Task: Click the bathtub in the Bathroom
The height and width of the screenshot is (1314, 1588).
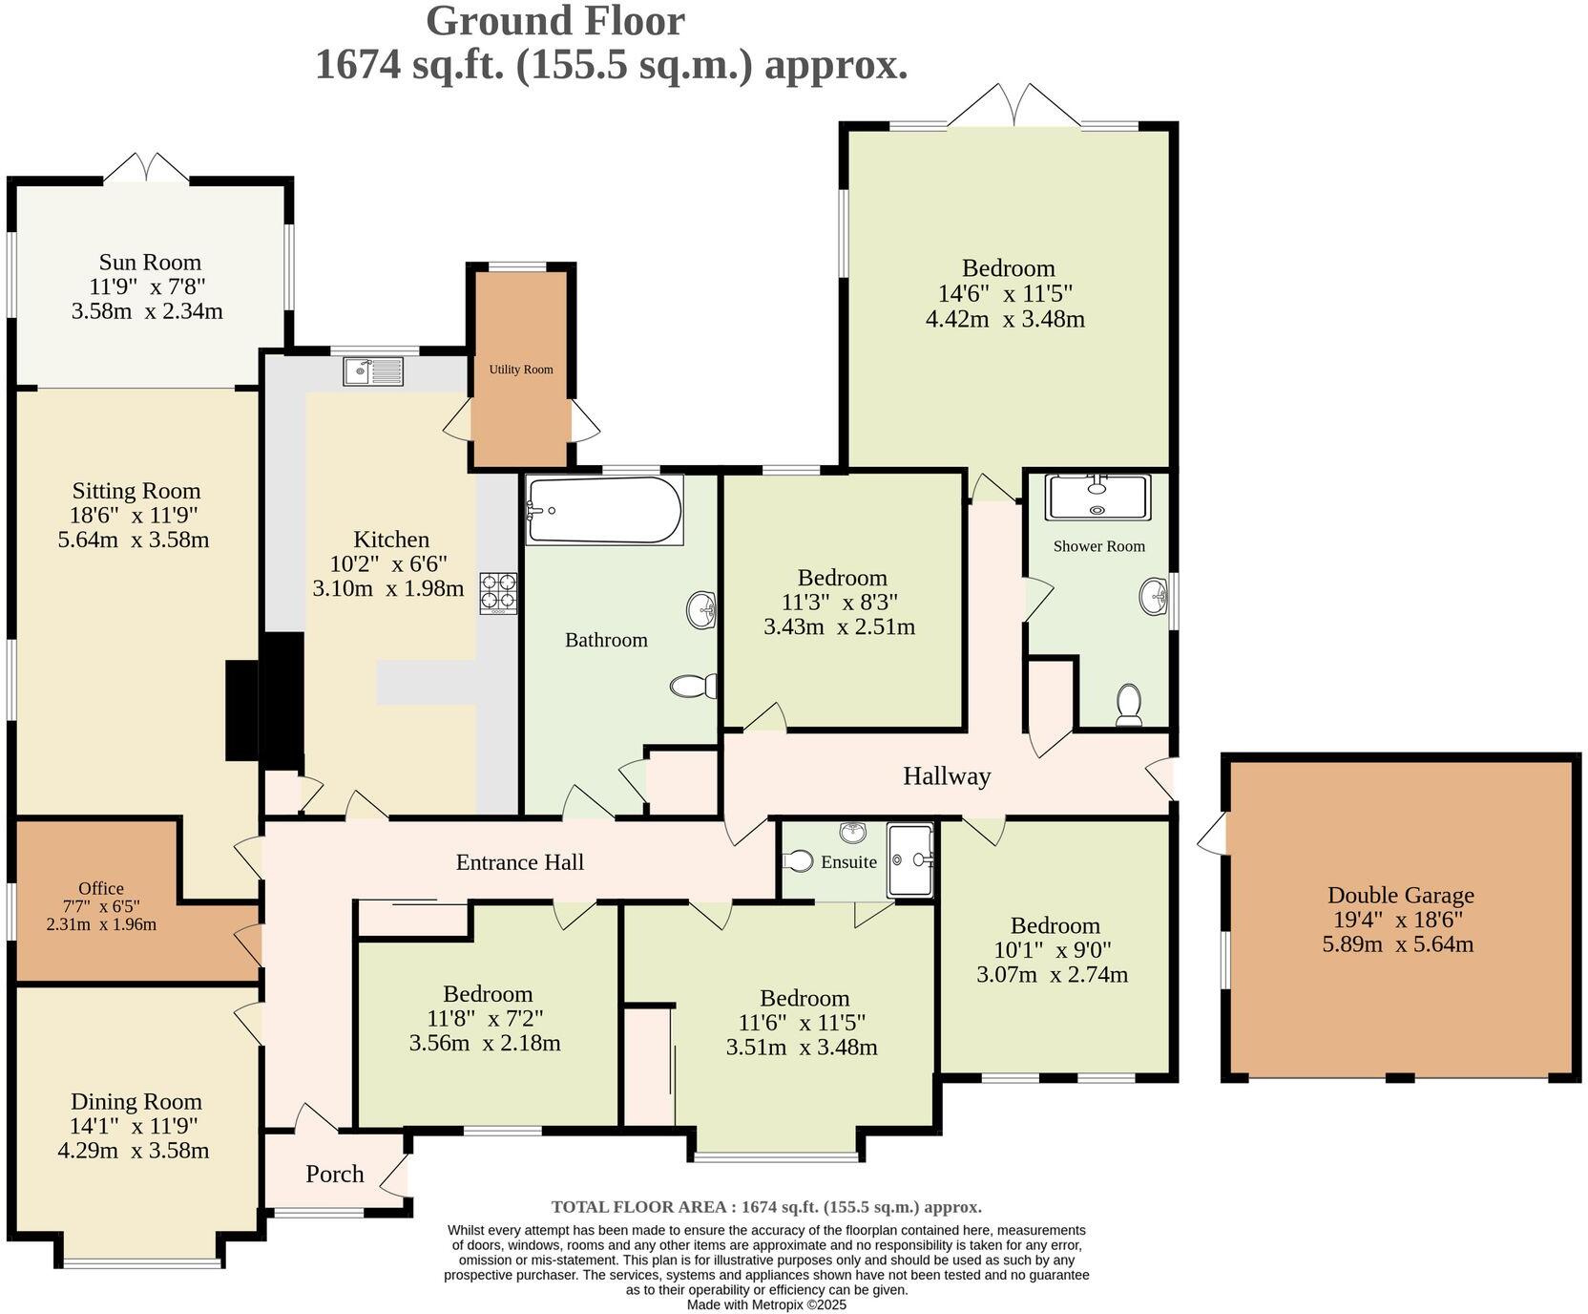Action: point(605,509)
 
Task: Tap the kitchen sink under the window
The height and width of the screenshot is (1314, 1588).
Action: point(373,371)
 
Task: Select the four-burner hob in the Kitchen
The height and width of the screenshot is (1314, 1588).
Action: point(498,592)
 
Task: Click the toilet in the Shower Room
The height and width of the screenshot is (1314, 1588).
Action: point(1129,705)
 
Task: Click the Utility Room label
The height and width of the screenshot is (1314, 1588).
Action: point(521,370)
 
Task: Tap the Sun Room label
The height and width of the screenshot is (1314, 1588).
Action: point(150,263)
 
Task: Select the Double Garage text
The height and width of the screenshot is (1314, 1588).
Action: point(1400,896)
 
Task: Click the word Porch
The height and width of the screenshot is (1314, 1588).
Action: point(335,1174)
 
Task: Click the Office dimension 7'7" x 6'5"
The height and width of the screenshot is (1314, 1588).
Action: point(101,906)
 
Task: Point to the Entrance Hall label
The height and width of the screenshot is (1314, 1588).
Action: point(520,862)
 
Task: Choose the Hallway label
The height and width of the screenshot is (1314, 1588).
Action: point(947,776)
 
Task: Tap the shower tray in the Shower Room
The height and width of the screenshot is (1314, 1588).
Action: point(1097,497)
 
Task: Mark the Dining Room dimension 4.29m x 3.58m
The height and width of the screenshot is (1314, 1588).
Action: point(134,1150)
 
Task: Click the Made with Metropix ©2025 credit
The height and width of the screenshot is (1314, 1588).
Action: point(766,1304)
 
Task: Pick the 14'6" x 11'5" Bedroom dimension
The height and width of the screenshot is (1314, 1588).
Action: point(1006,294)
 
